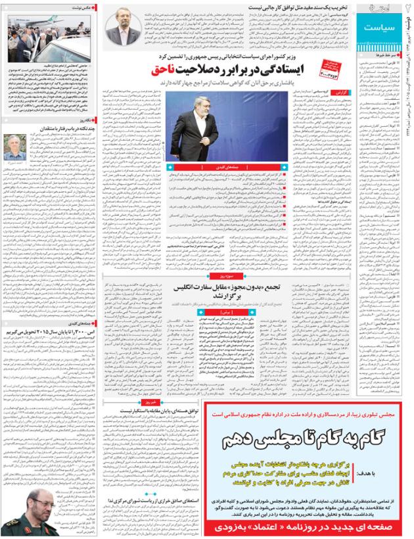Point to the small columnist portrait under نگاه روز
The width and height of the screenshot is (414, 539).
click(x=15, y=147)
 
